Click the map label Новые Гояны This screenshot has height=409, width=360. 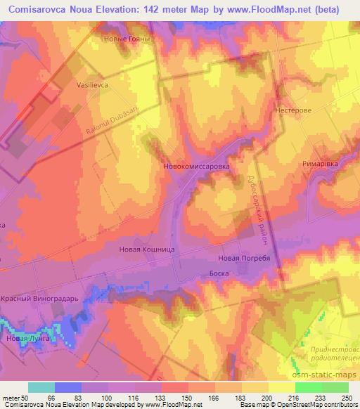[x=126, y=39]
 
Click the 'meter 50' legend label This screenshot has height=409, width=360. [x=15, y=398]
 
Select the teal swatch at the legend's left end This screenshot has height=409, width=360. [x=41, y=387]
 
